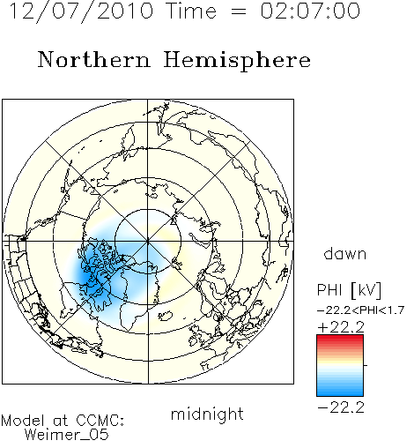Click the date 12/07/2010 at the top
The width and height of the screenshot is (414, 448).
pos(81,11)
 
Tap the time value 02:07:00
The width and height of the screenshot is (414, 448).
pos(310,11)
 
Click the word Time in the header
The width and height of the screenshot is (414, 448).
pos(191,11)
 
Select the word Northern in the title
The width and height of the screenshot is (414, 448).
pos(94,59)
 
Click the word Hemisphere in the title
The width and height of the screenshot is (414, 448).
pos(237,61)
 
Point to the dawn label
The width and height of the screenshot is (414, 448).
pos(345,254)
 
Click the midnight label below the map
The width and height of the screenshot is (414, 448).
pos(207,414)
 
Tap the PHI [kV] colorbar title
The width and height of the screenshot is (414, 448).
pos(349,290)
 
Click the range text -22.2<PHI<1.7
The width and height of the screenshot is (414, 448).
pos(361,310)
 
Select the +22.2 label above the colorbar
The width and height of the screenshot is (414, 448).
pos(341,327)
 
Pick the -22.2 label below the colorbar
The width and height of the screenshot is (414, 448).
pos(341,407)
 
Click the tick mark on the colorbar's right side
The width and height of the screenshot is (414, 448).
pos(366,365)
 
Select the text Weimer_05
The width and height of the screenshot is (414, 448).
pos(66,435)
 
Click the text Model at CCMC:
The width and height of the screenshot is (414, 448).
pos(63,421)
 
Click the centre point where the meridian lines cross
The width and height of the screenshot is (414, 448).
pos(148,242)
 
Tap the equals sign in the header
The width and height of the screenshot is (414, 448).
pos(239,11)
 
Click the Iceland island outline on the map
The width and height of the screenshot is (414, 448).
pos(165,316)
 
